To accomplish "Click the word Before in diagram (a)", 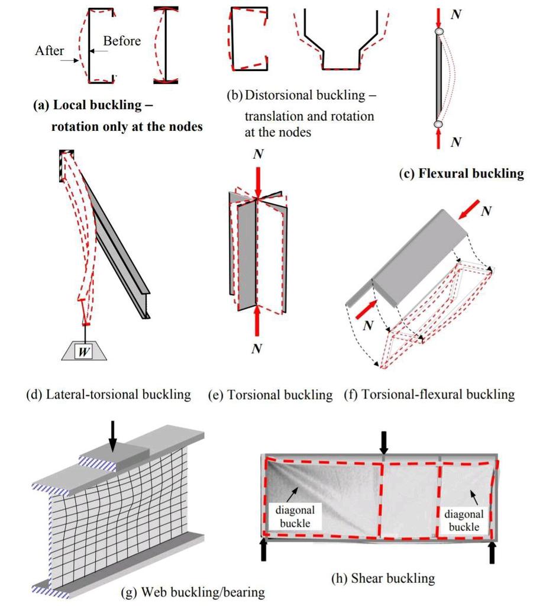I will click(122, 41).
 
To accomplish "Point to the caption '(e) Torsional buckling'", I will click(270, 395).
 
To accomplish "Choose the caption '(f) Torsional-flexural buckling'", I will click(429, 394).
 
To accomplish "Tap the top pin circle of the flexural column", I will click(438, 32).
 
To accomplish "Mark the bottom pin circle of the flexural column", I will click(438, 124).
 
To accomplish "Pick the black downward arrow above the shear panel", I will click(384, 441).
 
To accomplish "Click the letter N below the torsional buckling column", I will click(256, 349).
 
